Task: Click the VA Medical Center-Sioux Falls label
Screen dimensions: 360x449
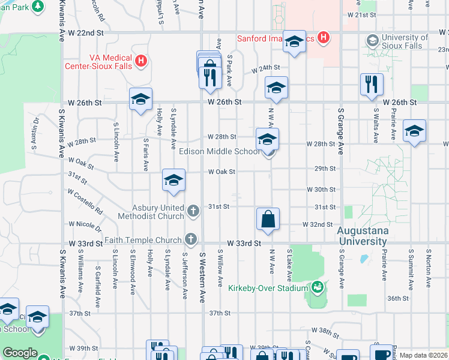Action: point(112,62)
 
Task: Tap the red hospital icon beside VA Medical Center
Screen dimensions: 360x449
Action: point(141,61)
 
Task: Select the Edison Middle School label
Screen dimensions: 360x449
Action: point(220,152)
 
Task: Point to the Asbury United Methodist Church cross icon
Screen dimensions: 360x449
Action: point(193,211)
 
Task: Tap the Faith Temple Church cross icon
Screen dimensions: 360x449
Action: point(190,239)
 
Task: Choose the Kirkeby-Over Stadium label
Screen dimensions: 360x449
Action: point(268,288)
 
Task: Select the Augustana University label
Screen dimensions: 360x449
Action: point(362,236)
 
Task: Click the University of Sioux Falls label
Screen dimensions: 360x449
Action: point(405,41)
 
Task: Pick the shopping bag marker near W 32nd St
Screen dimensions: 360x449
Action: point(268,219)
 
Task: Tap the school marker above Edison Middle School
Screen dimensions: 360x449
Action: point(267,139)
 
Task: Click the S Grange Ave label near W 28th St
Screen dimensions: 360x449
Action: point(340,131)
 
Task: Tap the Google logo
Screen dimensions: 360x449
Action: point(20,353)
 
